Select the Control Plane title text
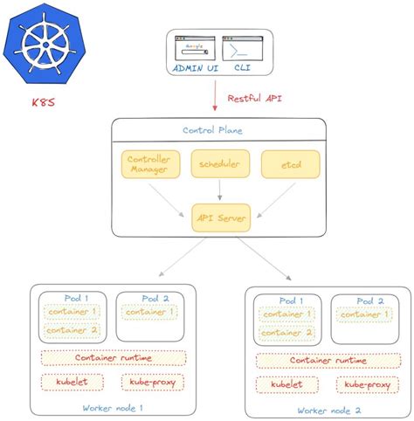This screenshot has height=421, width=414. click(x=212, y=130)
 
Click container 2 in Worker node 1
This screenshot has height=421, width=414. click(x=72, y=330)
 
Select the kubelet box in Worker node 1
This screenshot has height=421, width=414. click(x=71, y=382)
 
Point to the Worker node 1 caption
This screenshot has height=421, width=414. click(x=113, y=407)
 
